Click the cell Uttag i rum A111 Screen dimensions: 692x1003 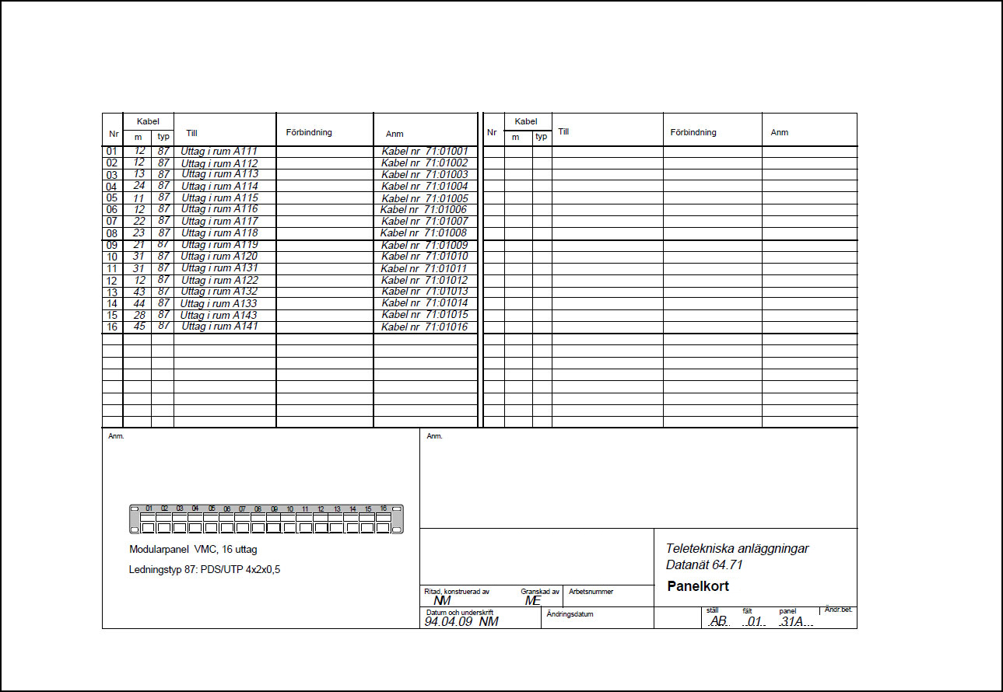pos(219,151)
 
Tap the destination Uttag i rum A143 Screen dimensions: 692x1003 pos(219,315)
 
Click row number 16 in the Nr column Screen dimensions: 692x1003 pos(112,327)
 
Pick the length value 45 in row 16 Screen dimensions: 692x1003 pos(139,327)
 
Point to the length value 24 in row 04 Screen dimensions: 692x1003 pos(139,186)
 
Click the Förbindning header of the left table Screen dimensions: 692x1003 pos(309,132)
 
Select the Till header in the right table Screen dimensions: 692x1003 pos(564,131)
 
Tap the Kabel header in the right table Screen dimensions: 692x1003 pos(526,121)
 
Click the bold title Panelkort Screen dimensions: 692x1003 pos(698,586)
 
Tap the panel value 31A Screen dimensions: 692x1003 pos(792,621)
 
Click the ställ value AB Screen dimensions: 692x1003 pos(718,621)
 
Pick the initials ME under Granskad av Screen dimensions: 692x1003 pos(532,600)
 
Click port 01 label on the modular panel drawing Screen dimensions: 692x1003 pos(149,509)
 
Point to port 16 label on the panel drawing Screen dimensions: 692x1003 pos(384,509)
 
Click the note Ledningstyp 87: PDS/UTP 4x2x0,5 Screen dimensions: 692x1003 pos(205,569)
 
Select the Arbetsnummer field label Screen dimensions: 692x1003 pos(591,592)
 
